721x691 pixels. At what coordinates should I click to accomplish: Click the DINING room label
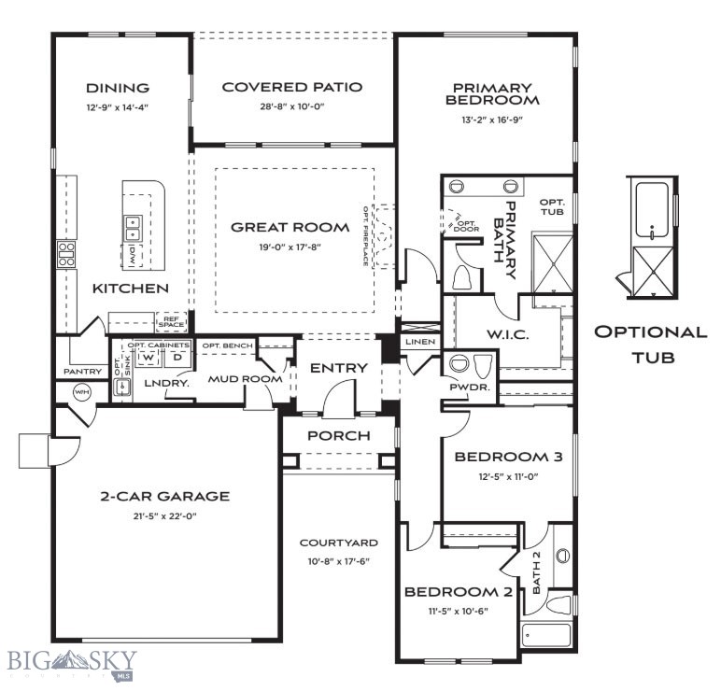[x=118, y=88]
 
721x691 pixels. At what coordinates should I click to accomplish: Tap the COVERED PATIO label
[x=291, y=87]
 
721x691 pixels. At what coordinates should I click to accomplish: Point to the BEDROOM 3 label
[x=508, y=457]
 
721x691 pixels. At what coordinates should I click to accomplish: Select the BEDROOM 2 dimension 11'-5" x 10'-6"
[x=458, y=611]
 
